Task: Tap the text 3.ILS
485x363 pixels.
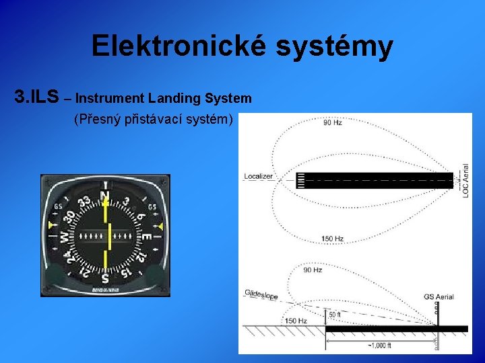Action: [x=36, y=97]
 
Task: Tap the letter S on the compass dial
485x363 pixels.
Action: [x=104, y=277]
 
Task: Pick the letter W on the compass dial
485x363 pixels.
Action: [x=64, y=237]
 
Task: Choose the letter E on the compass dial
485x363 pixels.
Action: [x=145, y=236]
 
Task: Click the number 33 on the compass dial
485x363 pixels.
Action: [x=84, y=202]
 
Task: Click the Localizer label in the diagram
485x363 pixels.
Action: [x=258, y=176]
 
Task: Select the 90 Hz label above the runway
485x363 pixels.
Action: [x=333, y=123]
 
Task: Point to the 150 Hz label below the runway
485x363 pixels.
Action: [x=333, y=239]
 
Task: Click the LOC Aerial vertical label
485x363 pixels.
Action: [x=465, y=180]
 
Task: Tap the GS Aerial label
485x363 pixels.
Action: [x=438, y=296]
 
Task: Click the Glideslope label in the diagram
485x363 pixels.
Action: [x=261, y=295]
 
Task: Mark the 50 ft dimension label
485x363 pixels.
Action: [x=335, y=315]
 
